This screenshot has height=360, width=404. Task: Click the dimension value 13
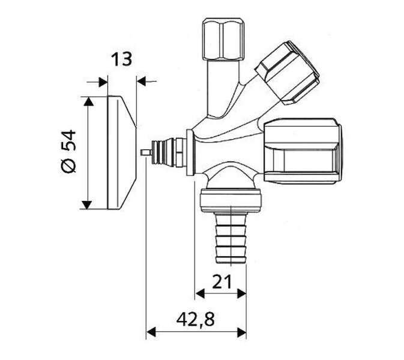coord(121,59)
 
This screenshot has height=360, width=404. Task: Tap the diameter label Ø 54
coord(68,151)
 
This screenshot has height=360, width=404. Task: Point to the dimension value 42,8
coord(196,319)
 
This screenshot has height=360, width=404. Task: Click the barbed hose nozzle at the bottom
coord(231,238)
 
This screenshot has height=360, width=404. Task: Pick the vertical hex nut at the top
coord(223,39)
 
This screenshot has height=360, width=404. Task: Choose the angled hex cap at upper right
coord(288,73)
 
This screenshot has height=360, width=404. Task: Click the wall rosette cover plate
coord(122,153)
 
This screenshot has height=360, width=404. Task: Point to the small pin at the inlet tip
coord(146,152)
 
